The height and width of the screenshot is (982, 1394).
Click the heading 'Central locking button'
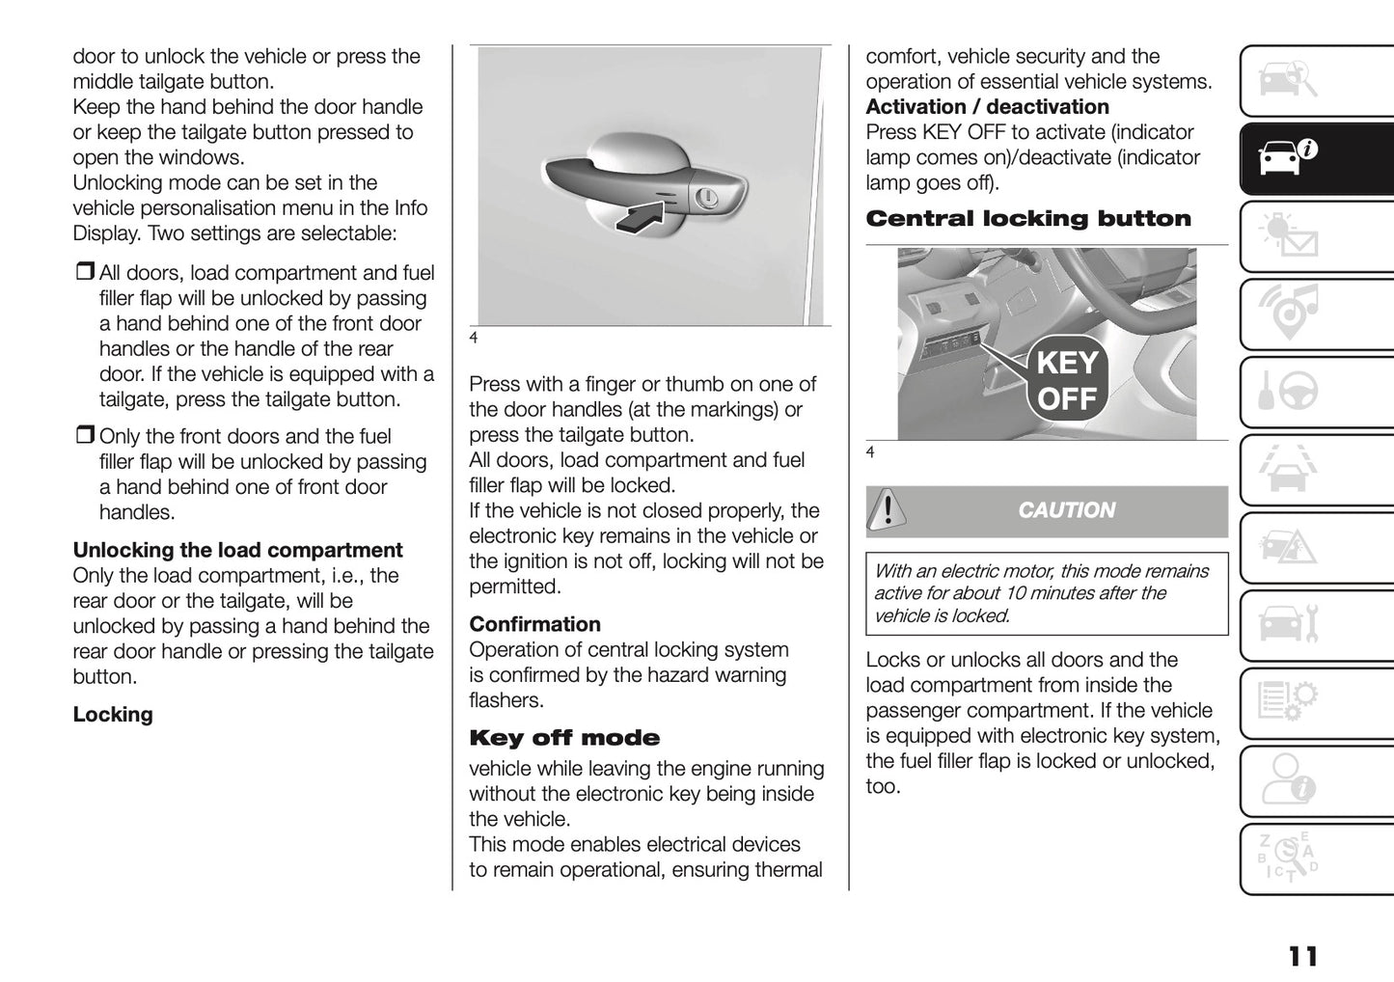(1028, 219)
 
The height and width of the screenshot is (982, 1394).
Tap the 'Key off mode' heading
(564, 739)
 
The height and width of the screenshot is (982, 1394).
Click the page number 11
(1302, 956)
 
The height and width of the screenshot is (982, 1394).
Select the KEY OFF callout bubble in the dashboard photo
(1067, 381)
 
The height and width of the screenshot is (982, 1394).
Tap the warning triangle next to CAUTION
(886, 510)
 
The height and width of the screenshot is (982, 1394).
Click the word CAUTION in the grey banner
(1066, 510)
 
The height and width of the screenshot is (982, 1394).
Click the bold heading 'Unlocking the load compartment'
(237, 551)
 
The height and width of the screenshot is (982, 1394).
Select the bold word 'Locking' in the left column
(113, 715)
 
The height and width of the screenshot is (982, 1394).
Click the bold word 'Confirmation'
(534, 624)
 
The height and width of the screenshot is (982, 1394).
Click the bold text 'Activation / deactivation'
(987, 107)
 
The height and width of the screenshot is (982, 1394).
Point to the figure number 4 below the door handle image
(474, 339)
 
